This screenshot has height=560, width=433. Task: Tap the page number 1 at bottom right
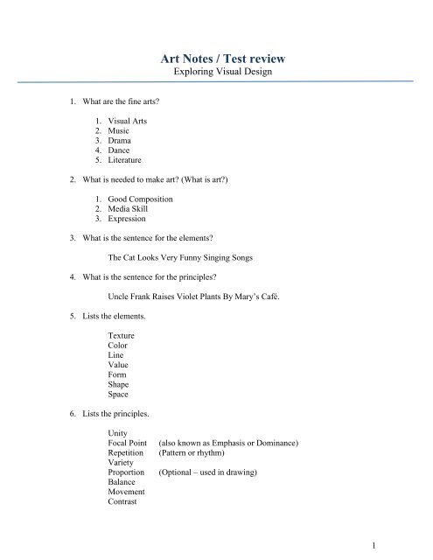point(374,547)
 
